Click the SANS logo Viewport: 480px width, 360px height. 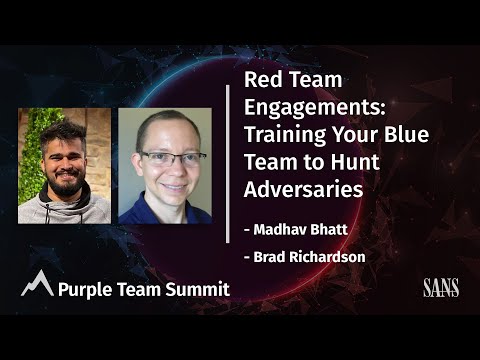pos(440,290)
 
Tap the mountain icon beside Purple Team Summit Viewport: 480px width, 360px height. pos(37,286)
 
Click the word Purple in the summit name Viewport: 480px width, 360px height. pos(84,290)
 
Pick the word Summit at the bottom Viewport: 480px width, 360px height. pos(201,290)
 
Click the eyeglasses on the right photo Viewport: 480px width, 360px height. pos(164,158)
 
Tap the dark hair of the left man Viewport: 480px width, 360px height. pos(62,133)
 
